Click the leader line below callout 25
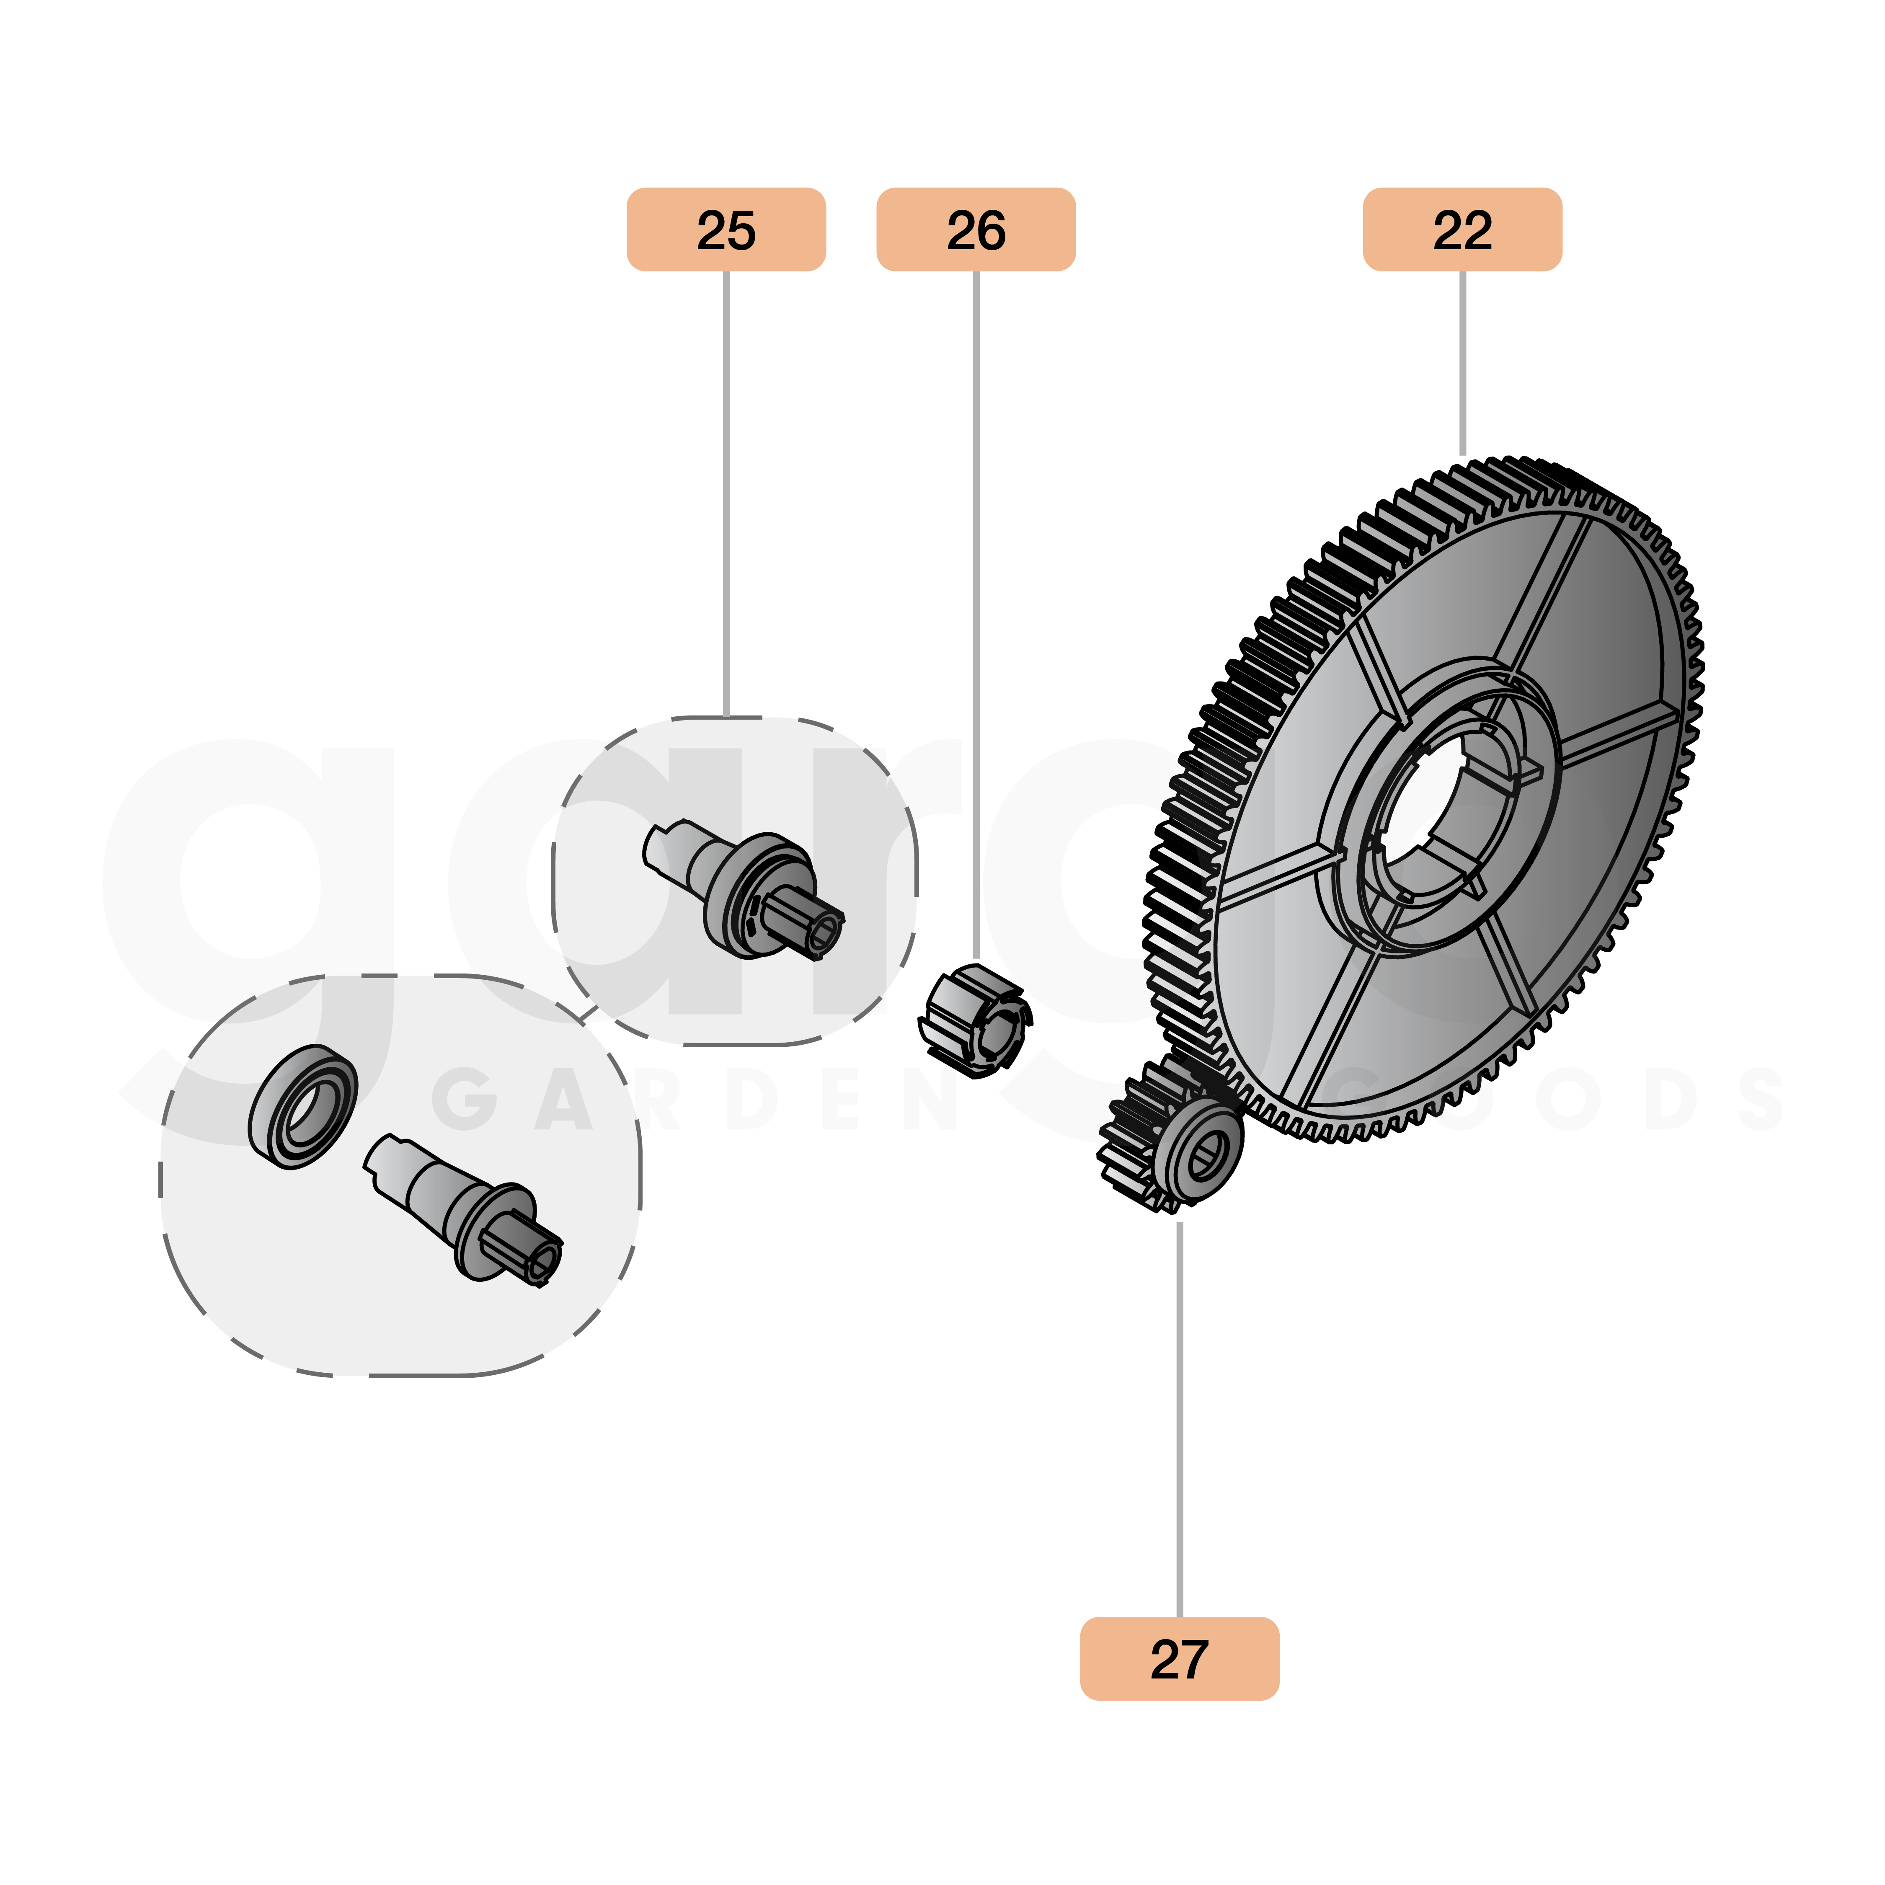coord(726,488)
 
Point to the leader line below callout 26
coord(976,605)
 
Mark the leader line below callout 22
coord(1462,361)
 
